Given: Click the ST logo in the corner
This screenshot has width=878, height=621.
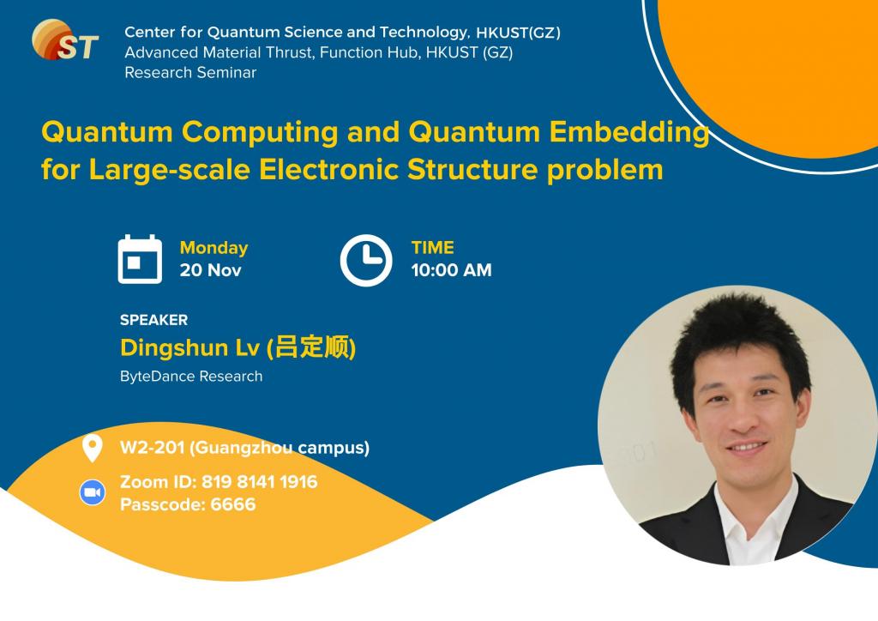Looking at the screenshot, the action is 65,39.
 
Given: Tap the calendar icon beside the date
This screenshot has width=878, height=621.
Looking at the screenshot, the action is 140,259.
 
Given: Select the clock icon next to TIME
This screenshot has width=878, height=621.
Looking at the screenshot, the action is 366,261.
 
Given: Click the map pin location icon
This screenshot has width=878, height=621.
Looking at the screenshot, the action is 93,448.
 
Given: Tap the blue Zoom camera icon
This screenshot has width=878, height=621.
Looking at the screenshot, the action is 93,492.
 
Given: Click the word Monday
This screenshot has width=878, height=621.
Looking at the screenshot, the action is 213,248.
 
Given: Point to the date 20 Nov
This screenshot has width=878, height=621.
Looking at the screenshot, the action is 211,270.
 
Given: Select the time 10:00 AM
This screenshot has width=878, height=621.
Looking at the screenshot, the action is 451,270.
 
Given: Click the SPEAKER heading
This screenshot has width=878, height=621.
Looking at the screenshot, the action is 154,320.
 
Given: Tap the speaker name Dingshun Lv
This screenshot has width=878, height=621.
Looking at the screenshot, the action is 189,347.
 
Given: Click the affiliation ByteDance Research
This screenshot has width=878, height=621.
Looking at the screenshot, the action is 191,377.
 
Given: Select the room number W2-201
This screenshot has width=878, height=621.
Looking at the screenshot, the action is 152,448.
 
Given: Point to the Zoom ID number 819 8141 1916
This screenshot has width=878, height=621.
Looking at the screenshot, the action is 259,481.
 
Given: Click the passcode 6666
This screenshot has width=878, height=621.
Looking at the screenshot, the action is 233,504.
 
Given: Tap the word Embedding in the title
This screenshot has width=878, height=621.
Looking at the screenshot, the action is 628,133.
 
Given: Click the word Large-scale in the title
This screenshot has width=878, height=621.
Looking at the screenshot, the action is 169,170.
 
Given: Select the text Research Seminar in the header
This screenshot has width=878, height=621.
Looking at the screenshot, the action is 190,73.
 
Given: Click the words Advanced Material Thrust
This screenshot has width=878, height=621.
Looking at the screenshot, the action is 220,52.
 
